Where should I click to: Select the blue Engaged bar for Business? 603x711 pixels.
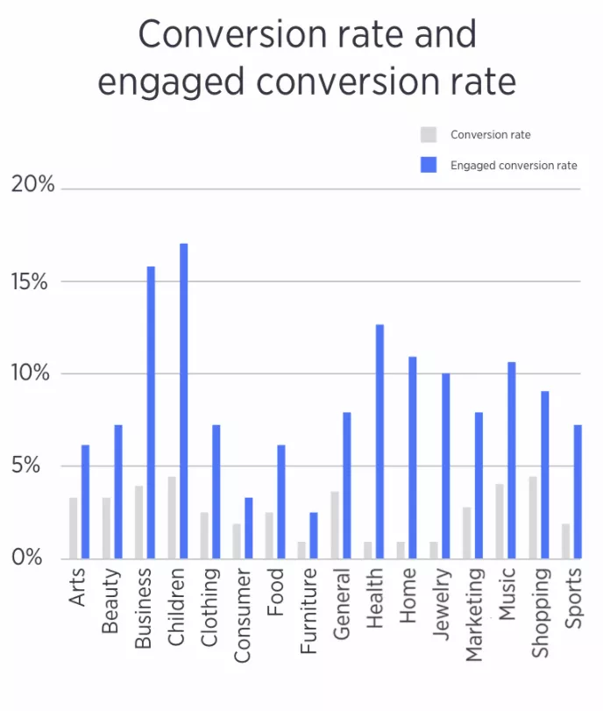tap(151, 412)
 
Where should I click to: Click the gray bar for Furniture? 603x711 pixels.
tap(301, 550)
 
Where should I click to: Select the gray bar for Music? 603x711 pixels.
tap(500, 521)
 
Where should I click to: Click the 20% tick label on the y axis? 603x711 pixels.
tap(32, 186)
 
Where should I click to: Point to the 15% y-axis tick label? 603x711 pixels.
tap(32, 281)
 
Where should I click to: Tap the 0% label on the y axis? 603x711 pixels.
tap(32, 558)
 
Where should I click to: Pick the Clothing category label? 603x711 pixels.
tap(210, 605)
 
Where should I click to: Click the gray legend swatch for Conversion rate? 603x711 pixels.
tap(429, 135)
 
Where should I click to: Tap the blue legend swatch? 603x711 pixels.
tap(429, 164)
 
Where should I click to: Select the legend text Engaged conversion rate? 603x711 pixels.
tap(514, 165)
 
